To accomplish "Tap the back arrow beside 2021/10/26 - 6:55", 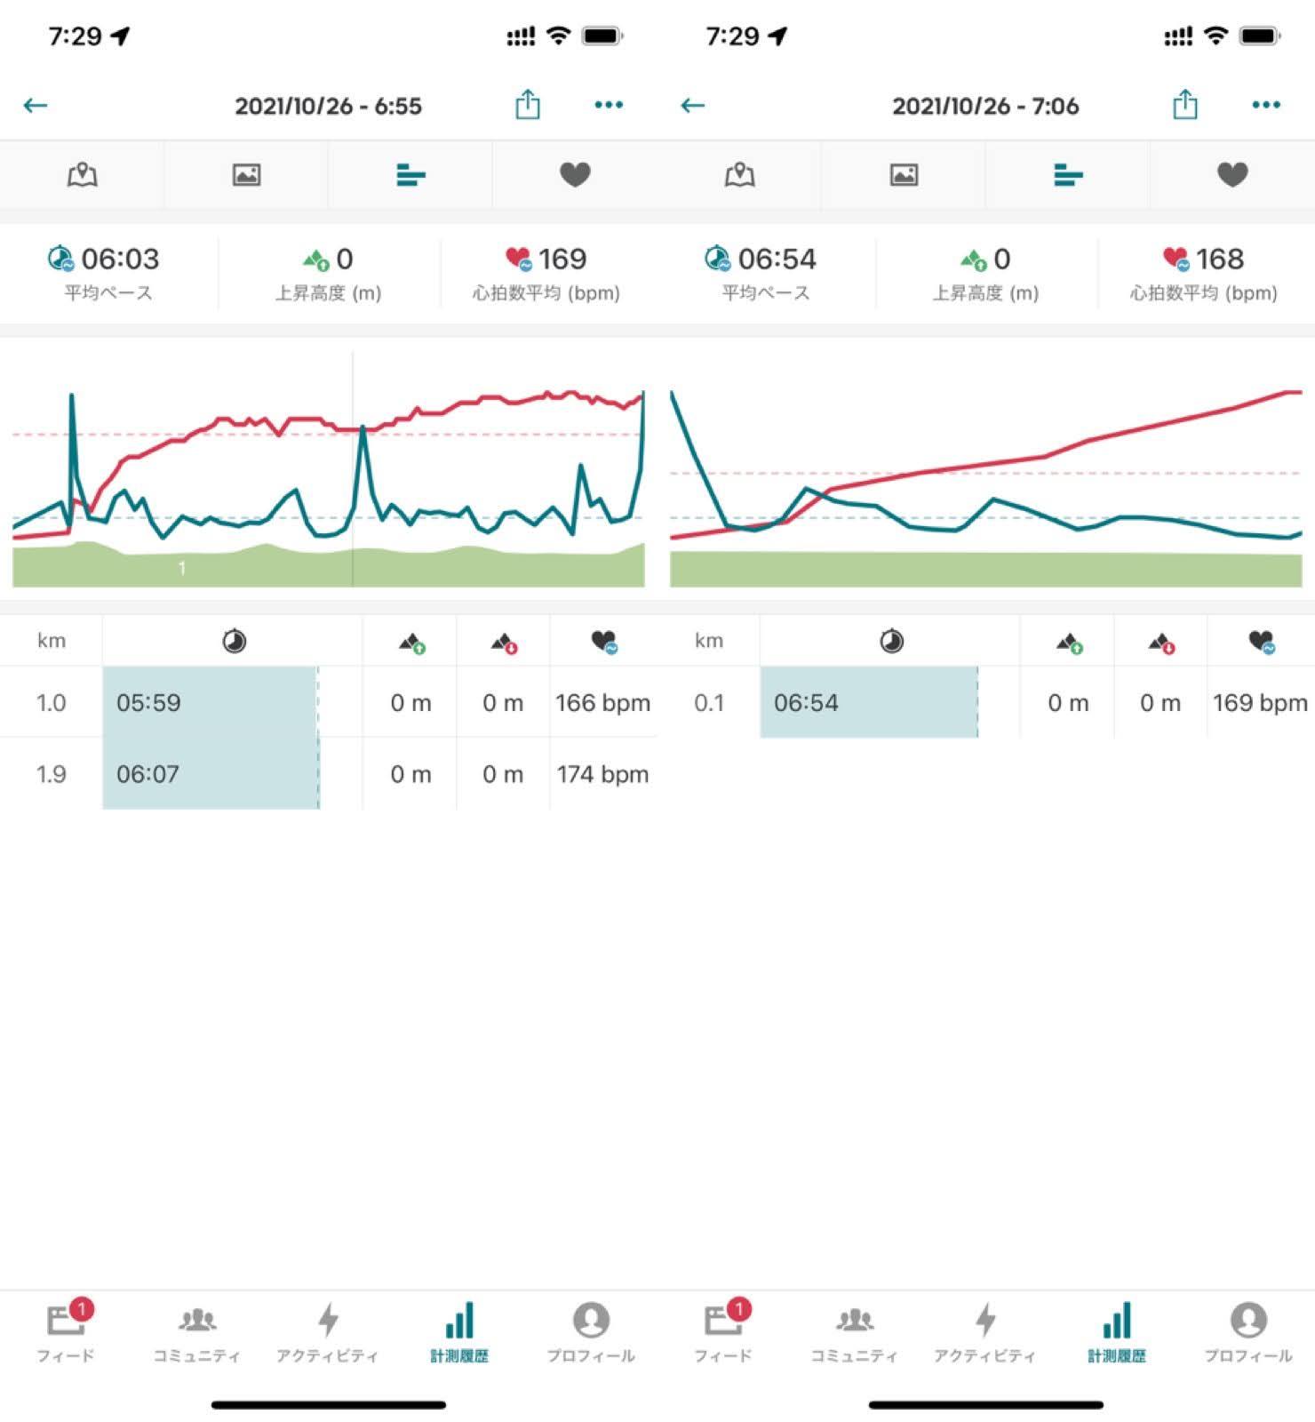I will [x=36, y=106].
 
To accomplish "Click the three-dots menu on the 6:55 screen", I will [x=609, y=105].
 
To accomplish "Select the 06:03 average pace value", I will [x=119, y=259].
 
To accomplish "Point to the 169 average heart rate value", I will [x=562, y=259].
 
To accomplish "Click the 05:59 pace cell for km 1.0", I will [x=148, y=703].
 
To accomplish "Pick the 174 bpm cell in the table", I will [x=602, y=774].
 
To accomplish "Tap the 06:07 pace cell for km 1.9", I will [x=147, y=774].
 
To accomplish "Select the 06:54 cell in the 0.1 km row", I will [x=806, y=703].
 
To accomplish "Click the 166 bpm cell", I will [x=602, y=703].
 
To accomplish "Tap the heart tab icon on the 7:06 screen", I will [x=1232, y=174].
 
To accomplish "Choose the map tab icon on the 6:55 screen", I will [x=82, y=174].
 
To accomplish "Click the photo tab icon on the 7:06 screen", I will [x=904, y=174].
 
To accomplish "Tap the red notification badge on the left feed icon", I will [x=82, y=1308].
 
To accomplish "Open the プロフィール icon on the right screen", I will [x=1248, y=1321].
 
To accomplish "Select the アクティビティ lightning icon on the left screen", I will [x=328, y=1321].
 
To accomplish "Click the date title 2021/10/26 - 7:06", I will [x=985, y=106].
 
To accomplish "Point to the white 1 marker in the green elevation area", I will [x=182, y=568].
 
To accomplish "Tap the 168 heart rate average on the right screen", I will [x=1219, y=259].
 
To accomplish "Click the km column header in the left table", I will [x=52, y=641].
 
